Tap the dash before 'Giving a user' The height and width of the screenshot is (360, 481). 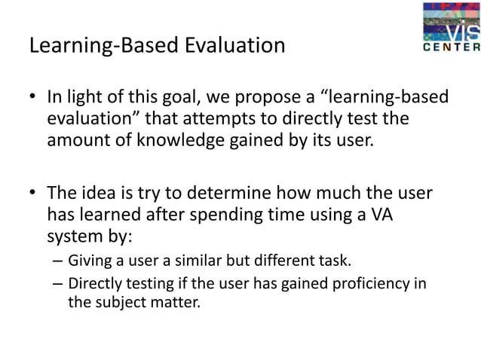tap(58, 262)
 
